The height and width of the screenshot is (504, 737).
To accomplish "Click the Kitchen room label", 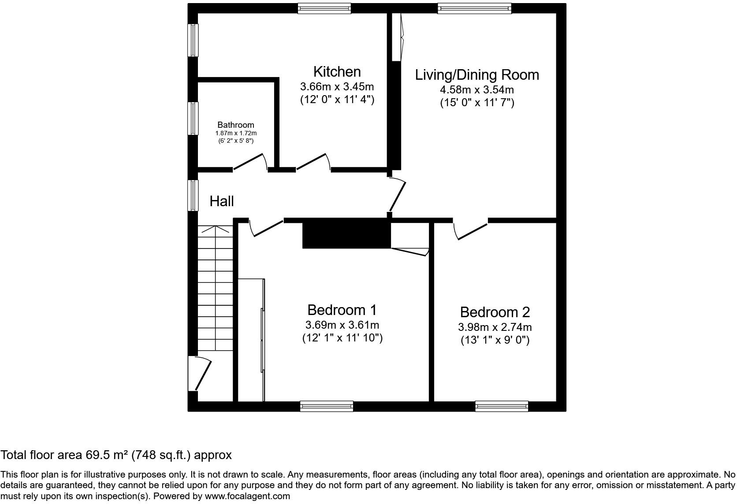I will point(337,71).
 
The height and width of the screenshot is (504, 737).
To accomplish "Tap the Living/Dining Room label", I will point(477,74).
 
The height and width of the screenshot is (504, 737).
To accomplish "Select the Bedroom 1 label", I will point(342,310).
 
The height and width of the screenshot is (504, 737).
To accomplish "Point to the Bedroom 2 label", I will point(495,312).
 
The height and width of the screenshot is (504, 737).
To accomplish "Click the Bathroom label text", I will point(236,125).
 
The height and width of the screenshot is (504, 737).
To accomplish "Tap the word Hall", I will point(221,201).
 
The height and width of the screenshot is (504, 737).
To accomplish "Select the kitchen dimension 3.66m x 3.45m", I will point(337,86).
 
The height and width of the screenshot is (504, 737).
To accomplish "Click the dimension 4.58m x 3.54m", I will point(477,90).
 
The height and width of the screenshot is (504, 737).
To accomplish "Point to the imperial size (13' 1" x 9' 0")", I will point(495,340).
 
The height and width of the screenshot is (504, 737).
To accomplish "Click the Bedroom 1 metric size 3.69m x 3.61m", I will point(342,325).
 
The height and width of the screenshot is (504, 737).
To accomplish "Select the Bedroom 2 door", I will point(471,231).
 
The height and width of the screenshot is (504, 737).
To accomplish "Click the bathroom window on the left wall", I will point(193,118).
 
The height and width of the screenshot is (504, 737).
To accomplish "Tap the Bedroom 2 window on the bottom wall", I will point(501,406).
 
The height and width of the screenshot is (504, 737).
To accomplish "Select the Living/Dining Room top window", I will point(474,8).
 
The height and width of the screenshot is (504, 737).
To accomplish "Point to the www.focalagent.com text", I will point(247,496).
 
